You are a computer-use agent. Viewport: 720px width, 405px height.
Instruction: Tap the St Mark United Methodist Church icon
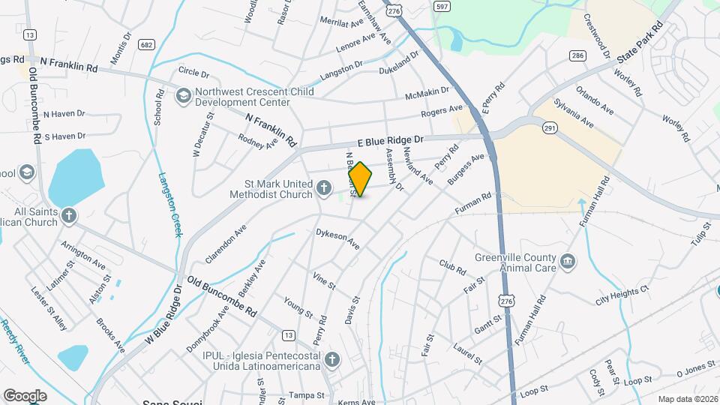[x=324, y=187]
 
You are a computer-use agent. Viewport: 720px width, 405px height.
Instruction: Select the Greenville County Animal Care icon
[x=568, y=261]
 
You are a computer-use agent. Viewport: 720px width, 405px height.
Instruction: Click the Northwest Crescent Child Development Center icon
[x=183, y=96]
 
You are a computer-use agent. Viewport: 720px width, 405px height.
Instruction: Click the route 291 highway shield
[x=550, y=130]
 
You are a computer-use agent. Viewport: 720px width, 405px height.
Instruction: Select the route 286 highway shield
[x=577, y=55]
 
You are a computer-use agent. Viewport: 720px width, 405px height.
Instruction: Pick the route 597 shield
[x=442, y=6]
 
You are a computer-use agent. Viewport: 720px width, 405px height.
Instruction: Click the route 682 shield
[x=146, y=45]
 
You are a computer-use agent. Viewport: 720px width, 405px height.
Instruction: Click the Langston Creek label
[x=170, y=205]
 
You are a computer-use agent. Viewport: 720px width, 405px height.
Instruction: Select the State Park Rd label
[x=640, y=41]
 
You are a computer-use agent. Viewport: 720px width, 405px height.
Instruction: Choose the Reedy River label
[x=15, y=343]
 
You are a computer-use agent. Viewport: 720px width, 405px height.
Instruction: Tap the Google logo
[x=25, y=395]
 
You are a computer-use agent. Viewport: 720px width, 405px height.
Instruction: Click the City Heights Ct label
[x=622, y=295]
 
